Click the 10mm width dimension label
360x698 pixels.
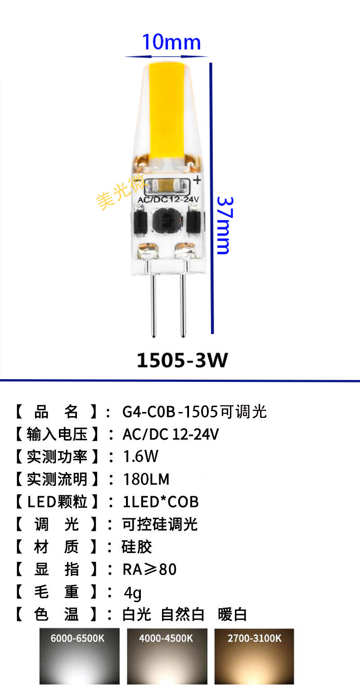(x=171, y=42)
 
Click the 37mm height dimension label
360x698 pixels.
(x=225, y=225)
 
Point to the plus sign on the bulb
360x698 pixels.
(x=198, y=181)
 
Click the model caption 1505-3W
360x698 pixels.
(x=182, y=360)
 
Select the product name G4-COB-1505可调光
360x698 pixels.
(x=194, y=412)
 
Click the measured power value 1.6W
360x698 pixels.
(x=140, y=457)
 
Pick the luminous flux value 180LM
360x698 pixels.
(x=146, y=479)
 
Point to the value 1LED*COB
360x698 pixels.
(x=160, y=502)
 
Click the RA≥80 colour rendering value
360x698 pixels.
(x=149, y=569)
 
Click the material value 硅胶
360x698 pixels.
(x=137, y=547)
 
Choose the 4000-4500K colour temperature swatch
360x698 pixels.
(x=167, y=656)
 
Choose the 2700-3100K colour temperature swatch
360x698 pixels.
(x=254, y=656)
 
